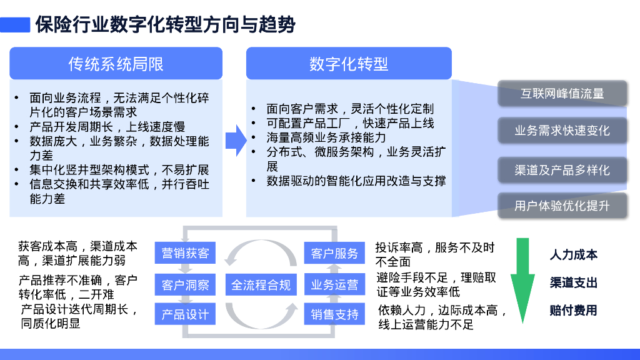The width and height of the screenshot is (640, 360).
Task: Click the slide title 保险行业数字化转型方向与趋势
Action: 166,24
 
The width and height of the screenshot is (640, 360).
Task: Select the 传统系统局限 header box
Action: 116,63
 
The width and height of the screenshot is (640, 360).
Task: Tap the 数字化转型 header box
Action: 349,63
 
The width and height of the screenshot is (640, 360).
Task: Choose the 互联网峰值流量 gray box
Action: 562,94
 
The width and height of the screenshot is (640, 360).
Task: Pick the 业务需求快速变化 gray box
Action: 562,131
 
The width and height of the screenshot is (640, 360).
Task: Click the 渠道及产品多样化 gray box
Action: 562,170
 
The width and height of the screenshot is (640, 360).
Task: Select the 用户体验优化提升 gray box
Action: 562,206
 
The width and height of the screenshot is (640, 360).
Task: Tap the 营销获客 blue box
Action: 185,253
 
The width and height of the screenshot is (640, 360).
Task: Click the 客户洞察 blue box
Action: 185,285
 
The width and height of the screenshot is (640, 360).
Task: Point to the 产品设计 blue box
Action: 185,314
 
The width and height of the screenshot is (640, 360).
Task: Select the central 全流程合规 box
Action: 261,285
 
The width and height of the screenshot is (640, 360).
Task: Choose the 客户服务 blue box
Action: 334,253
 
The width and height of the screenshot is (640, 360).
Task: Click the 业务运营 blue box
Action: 334,285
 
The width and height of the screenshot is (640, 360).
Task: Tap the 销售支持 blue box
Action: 334,314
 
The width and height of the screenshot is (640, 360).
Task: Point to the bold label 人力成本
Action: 574,255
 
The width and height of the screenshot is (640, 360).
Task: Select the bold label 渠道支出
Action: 574,283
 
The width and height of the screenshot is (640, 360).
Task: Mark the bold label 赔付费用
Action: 574,310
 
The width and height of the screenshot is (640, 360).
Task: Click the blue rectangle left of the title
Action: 15,24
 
